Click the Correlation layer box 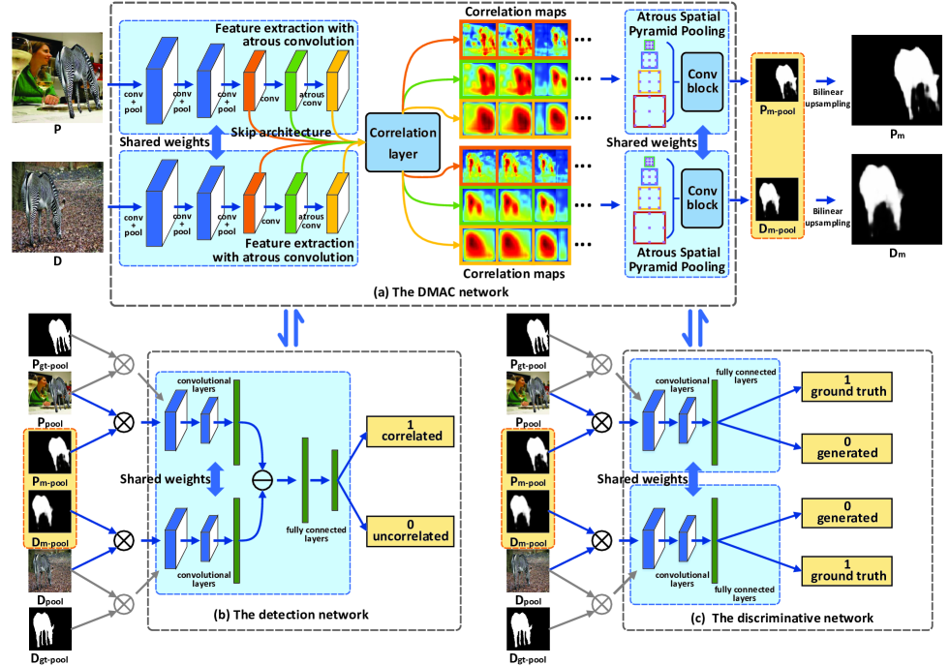coord(403,142)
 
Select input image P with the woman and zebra coord(57,77)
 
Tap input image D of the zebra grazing coord(57,207)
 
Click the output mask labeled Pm coord(897,80)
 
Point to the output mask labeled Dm coord(897,199)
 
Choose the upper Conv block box coord(702,81)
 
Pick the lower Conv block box coord(702,198)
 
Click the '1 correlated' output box coord(411,431)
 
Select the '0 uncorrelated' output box coord(411,531)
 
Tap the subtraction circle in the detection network coord(262,480)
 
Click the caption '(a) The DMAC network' coord(442,291)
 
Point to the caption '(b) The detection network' coord(291,615)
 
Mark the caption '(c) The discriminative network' coord(782,618)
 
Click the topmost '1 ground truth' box coord(847,386)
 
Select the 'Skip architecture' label coord(281,132)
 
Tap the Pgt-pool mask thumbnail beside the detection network coord(50,335)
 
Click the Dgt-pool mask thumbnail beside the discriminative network coord(529,629)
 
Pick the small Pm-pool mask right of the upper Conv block coord(778,80)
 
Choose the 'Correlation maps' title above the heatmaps coord(515,12)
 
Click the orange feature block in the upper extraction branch coord(254,81)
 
